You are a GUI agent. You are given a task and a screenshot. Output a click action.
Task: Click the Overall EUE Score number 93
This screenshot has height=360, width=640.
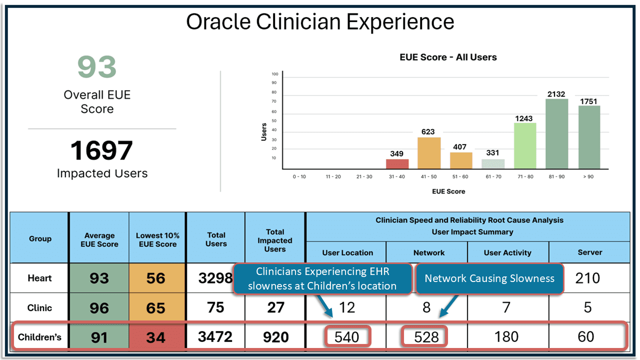click(97, 67)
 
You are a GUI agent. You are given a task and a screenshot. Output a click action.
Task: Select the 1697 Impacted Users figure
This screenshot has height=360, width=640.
click(101, 150)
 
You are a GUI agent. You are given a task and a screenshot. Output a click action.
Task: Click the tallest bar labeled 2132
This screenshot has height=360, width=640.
click(556, 134)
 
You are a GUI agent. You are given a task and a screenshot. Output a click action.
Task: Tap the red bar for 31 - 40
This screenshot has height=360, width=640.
click(397, 164)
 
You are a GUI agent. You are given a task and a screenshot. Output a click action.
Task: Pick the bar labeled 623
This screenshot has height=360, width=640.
click(429, 153)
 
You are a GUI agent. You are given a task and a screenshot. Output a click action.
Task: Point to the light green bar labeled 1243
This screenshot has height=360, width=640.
click(525, 146)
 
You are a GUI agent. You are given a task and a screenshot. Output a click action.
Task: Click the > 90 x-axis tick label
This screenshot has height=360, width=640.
click(588, 176)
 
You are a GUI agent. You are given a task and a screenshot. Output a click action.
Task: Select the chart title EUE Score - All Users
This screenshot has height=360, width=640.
click(448, 57)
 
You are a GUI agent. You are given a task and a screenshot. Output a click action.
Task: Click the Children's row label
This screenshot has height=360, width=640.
click(39, 337)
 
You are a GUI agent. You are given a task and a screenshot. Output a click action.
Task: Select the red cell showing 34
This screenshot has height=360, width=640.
click(156, 337)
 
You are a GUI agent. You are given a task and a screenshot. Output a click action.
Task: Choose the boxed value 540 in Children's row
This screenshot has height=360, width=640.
click(346, 337)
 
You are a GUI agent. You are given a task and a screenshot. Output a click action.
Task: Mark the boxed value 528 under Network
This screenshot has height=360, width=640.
click(426, 337)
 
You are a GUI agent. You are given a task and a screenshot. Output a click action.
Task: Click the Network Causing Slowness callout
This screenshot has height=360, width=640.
click(489, 278)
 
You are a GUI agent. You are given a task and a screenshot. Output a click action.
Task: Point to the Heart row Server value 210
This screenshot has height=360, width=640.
click(587, 278)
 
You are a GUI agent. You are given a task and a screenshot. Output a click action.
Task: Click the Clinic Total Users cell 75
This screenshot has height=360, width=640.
click(215, 307)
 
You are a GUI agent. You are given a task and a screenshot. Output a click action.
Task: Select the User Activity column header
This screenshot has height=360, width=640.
click(507, 252)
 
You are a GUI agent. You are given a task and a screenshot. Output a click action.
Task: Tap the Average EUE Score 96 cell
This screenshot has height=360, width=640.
click(99, 307)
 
